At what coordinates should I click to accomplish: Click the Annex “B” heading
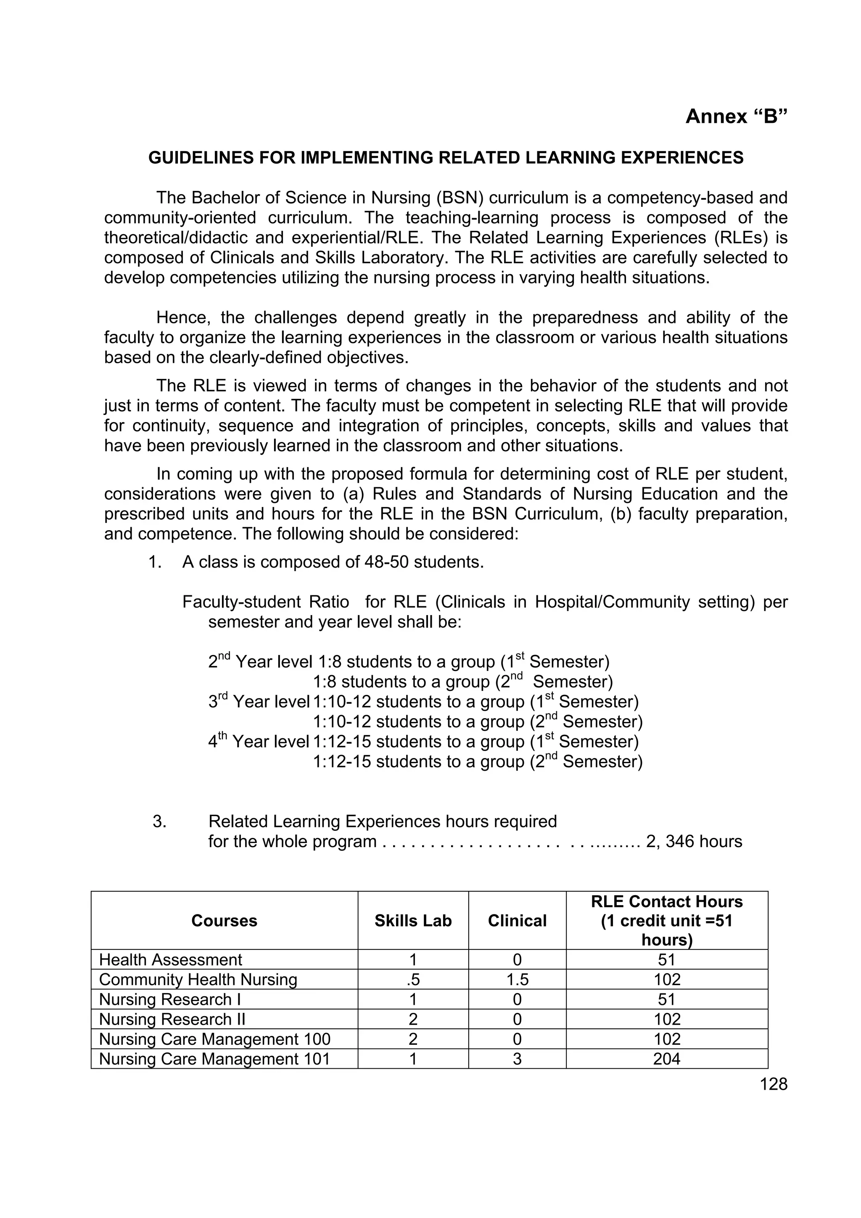tap(736, 116)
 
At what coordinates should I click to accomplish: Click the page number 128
tap(774, 1084)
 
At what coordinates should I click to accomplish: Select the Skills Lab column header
tap(413, 920)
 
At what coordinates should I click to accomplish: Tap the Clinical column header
tap(517, 920)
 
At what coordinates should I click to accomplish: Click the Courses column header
tap(224, 920)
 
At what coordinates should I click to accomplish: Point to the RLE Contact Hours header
tap(666, 902)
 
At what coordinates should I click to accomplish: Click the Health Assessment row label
tap(170, 960)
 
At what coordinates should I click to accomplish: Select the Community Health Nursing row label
tap(198, 979)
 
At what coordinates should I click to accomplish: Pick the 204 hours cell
tap(666, 1059)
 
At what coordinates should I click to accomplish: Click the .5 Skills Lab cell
tap(413, 979)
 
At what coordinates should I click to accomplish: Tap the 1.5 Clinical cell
tap(517, 979)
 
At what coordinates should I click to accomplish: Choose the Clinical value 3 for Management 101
tap(517, 1059)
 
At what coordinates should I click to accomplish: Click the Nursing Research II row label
tap(172, 1019)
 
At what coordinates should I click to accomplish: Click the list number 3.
tap(159, 821)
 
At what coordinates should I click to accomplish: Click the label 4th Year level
tap(259, 742)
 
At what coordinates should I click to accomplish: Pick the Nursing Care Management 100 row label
tap(214, 1039)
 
